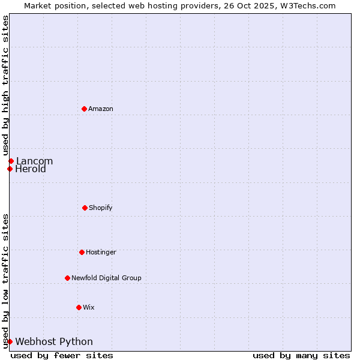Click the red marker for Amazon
pos(84,109)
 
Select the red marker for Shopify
pos(85,208)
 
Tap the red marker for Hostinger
pos(82,252)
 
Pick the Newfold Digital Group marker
pos(67,278)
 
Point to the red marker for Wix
pos(79,307)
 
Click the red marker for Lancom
pos(11,161)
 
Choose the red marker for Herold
pos(10,169)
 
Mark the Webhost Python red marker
pos(10,341)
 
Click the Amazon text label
pos(101,109)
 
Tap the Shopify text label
pos(101,208)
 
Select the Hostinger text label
pos(101,252)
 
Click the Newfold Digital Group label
pos(106,278)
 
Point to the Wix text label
pos(89,307)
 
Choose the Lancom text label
pos(34,161)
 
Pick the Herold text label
pos(31,169)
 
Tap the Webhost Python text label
pos(54,342)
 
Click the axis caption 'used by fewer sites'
pos(62,355)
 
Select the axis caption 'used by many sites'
pos(301,355)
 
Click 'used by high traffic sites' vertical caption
pos(6,86)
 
